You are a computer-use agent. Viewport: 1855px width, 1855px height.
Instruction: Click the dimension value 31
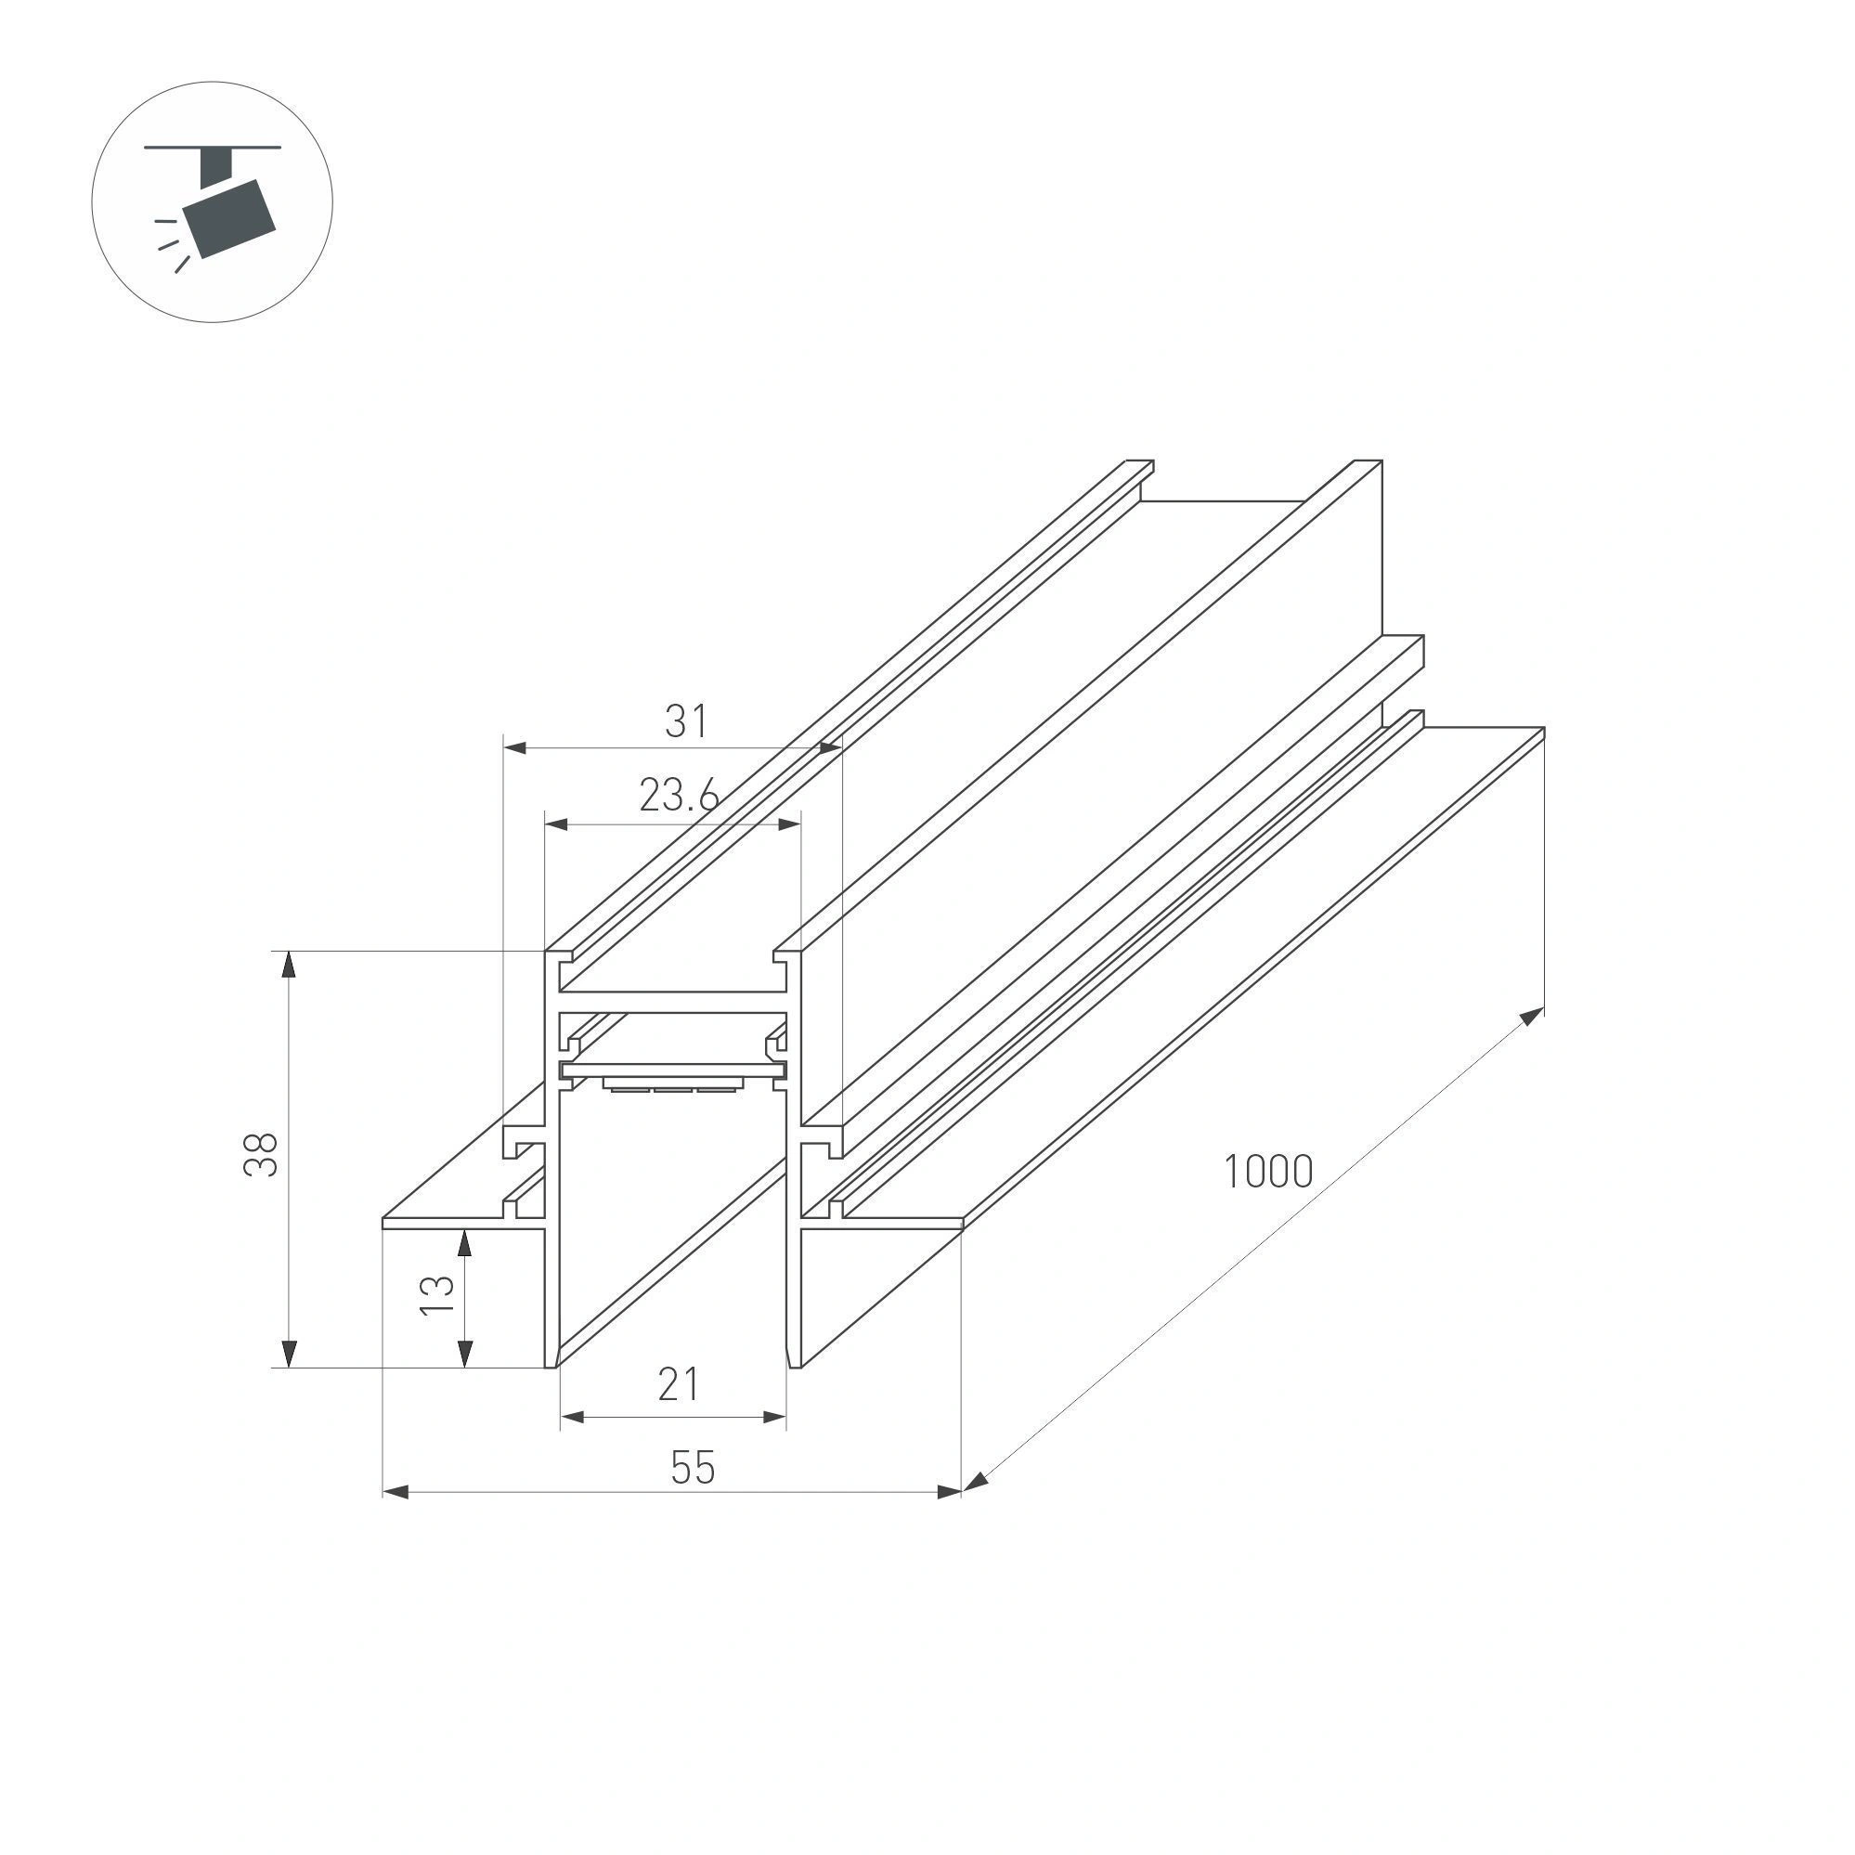point(685,721)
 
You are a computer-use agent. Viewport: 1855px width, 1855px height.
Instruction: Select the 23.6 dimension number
point(680,795)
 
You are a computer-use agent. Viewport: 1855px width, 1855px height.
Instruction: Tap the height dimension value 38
point(261,1155)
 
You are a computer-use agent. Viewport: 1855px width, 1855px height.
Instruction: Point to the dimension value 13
point(438,1295)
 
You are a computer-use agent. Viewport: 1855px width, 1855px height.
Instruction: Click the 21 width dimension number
point(679,1385)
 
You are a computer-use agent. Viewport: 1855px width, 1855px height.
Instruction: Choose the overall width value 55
point(693,1469)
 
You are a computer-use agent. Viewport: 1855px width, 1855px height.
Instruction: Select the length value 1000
point(1268,1172)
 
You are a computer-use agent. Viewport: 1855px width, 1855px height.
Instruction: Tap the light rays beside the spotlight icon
point(171,245)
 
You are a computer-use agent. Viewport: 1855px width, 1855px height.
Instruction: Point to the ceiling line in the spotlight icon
point(213,148)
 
